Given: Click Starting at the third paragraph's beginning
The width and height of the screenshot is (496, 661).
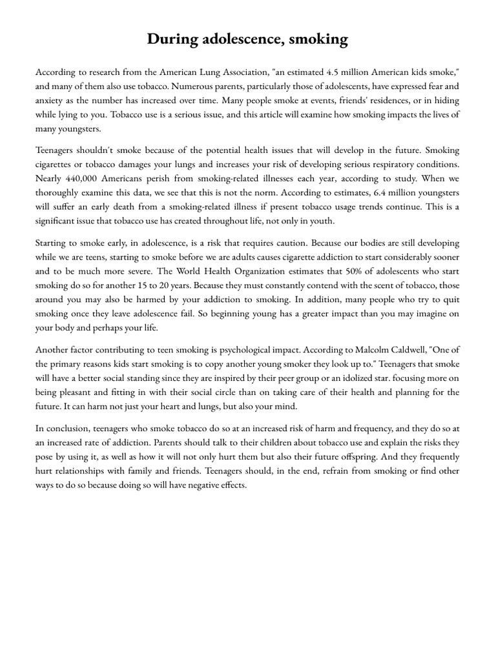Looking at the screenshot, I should pyautogui.click(x=56, y=243).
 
